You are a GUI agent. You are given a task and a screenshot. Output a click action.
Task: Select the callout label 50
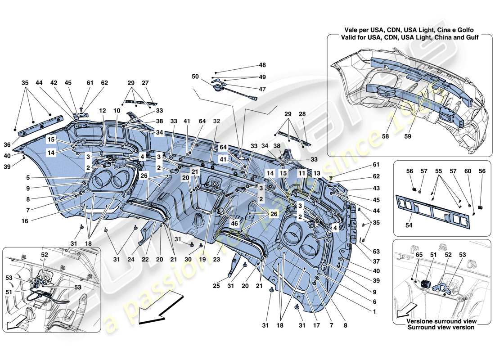click(196, 77)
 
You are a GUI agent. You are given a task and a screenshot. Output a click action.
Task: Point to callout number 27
click(145, 83)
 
